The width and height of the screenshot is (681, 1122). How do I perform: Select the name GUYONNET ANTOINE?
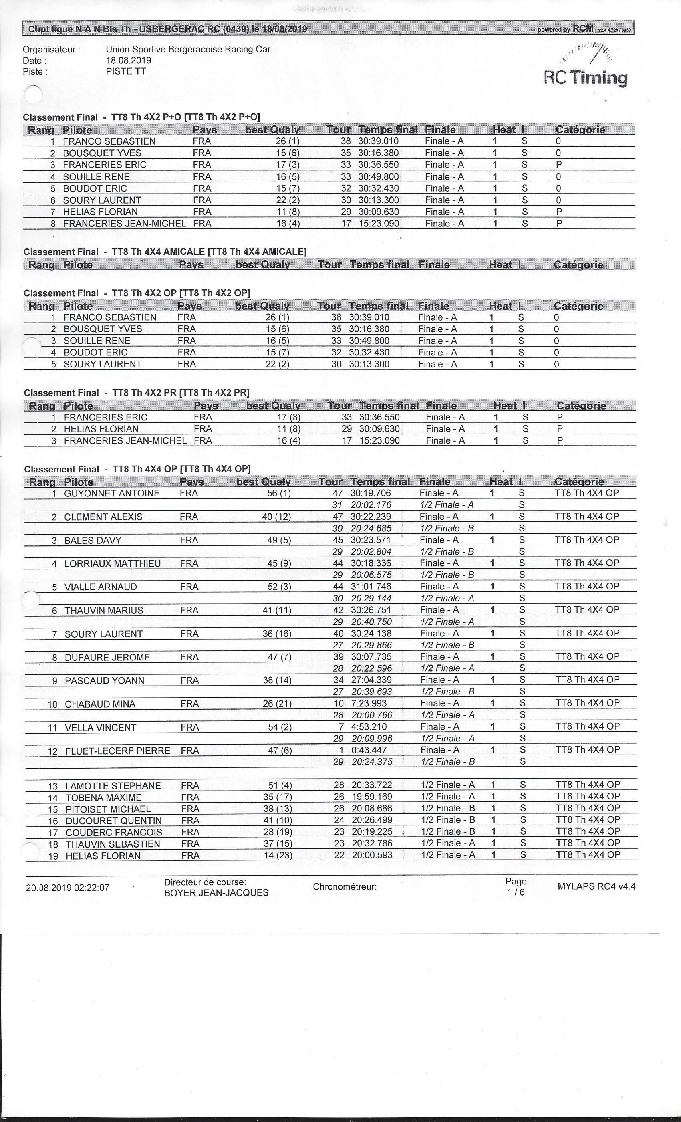tap(111, 494)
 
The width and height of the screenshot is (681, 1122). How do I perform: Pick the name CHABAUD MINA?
tap(100, 704)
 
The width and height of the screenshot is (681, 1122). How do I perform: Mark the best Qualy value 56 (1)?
tap(278, 494)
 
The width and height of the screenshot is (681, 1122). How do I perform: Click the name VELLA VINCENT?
tap(101, 728)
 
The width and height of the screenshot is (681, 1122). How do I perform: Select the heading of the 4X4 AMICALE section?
tap(165, 252)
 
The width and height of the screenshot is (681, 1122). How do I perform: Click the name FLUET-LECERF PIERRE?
tap(117, 751)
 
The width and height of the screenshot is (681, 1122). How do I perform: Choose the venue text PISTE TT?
tap(126, 71)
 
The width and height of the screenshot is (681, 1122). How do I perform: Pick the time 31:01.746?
tap(371, 587)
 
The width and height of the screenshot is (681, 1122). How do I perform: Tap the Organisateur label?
tap(51, 50)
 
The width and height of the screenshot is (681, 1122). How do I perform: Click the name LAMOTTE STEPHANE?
tap(113, 786)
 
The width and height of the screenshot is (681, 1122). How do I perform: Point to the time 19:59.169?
tap(372, 797)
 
